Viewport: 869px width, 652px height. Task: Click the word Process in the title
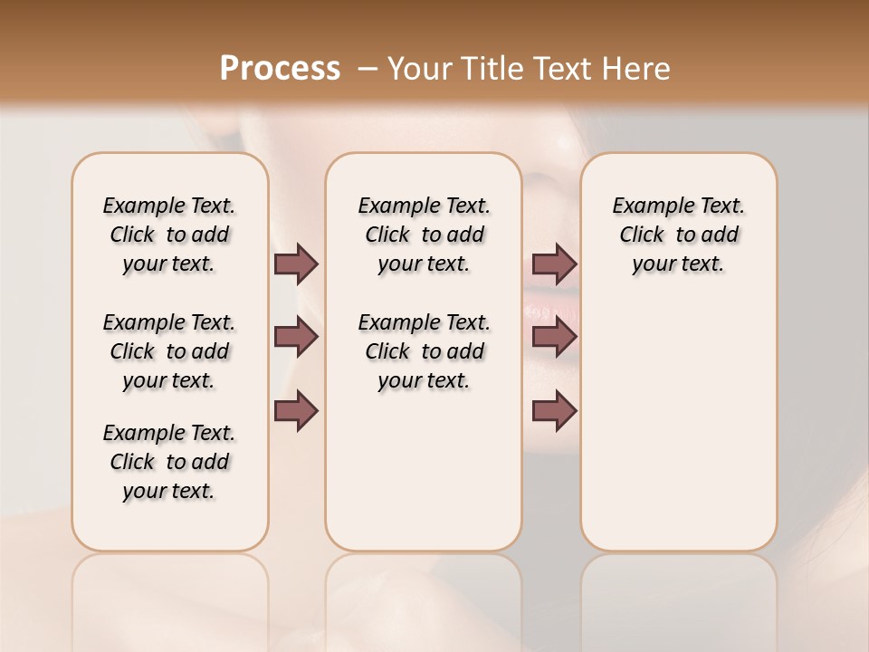coord(280,69)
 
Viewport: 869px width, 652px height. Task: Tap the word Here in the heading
coord(637,69)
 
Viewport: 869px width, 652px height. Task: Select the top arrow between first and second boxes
coord(296,264)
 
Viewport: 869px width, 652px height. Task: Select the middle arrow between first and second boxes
coord(296,337)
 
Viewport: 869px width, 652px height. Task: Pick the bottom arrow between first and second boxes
coord(296,411)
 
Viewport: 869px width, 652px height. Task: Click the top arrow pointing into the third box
coord(554,264)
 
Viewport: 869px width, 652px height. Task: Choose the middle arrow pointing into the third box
coord(554,337)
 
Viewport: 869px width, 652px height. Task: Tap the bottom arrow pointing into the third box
coord(554,411)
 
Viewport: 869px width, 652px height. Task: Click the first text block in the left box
coord(169,235)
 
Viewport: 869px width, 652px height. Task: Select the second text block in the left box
coord(169,351)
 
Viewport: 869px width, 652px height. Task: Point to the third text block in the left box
coord(169,462)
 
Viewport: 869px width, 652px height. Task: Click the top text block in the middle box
coord(424,235)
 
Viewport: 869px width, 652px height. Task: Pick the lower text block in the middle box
coord(424,351)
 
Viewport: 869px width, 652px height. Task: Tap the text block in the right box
coord(678,235)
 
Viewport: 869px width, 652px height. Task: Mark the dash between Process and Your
coord(367,69)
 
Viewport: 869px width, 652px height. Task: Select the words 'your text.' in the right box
coord(678,264)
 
